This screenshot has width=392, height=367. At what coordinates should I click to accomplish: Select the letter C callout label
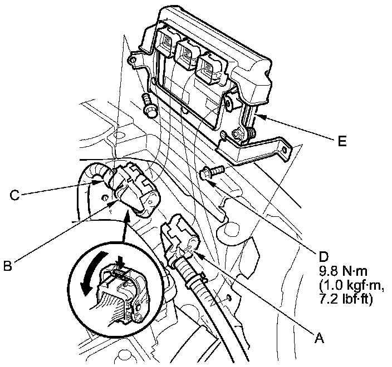(x=15, y=195)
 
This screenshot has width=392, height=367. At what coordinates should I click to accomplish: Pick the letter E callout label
(x=341, y=141)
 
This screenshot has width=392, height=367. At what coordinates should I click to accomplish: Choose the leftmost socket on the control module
(x=168, y=39)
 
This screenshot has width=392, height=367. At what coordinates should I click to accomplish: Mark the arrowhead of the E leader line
(x=257, y=117)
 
